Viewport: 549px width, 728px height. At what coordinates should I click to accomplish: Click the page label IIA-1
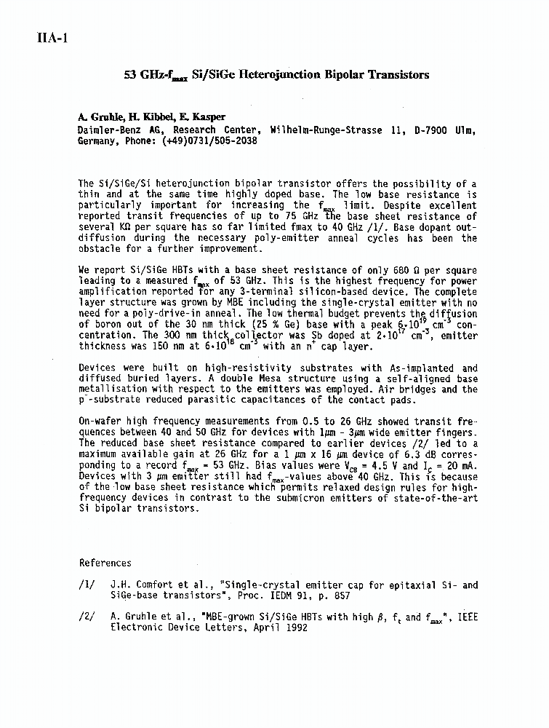(52, 39)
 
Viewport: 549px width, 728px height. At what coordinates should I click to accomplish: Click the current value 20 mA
(444, 466)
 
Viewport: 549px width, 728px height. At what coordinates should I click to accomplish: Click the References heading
(105, 563)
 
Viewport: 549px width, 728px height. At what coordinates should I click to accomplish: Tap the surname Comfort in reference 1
(159, 585)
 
